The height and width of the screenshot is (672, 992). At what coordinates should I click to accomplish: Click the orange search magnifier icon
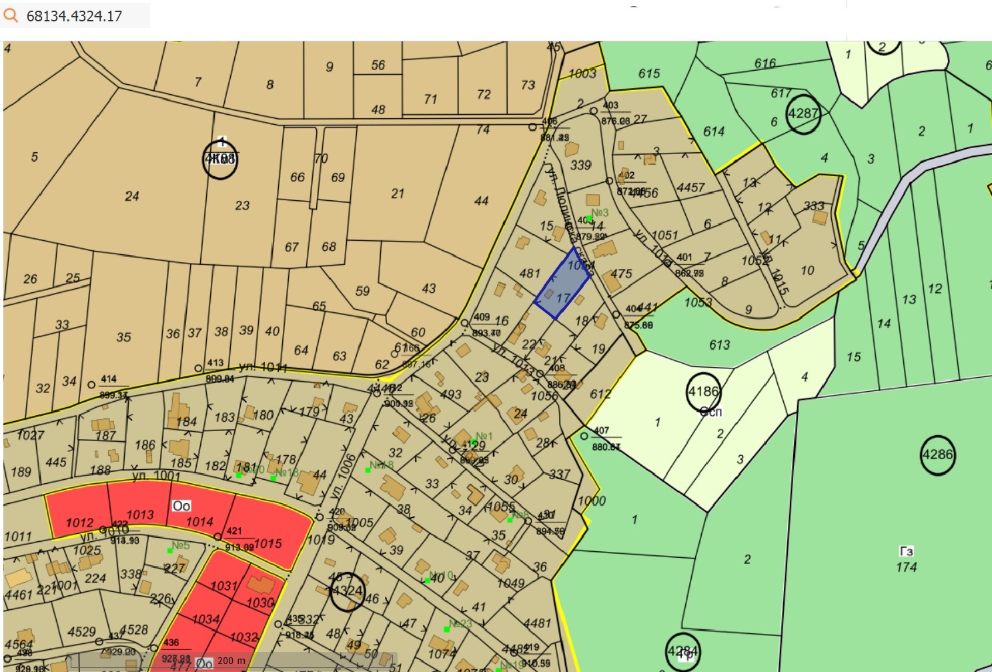[x=11, y=15]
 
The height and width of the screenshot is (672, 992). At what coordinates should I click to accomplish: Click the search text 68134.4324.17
[x=74, y=16]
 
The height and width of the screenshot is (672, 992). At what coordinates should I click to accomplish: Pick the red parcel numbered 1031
[x=223, y=586]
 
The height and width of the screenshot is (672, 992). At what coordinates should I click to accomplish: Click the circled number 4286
[x=937, y=455]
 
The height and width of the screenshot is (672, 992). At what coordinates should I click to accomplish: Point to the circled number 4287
[x=803, y=113]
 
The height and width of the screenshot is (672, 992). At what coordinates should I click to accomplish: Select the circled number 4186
[x=703, y=392]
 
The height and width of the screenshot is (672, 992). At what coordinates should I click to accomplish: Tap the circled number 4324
[x=347, y=591]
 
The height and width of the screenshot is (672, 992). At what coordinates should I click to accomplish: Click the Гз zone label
[x=906, y=551]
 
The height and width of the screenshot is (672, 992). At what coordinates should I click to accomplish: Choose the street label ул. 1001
[x=156, y=476]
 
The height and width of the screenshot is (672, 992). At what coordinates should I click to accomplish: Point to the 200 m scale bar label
[x=231, y=661]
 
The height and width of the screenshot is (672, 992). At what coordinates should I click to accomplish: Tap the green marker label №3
[x=600, y=213]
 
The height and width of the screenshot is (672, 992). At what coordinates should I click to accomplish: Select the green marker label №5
[x=181, y=545]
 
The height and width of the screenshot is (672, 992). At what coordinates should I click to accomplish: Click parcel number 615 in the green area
[x=648, y=73]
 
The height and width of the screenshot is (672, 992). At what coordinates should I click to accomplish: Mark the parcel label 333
[x=813, y=206]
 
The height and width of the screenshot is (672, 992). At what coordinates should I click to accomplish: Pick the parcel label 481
[x=530, y=273]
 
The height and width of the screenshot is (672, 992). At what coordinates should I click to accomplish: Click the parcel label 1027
[x=30, y=435]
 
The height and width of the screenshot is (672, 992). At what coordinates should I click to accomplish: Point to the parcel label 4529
[x=81, y=631]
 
